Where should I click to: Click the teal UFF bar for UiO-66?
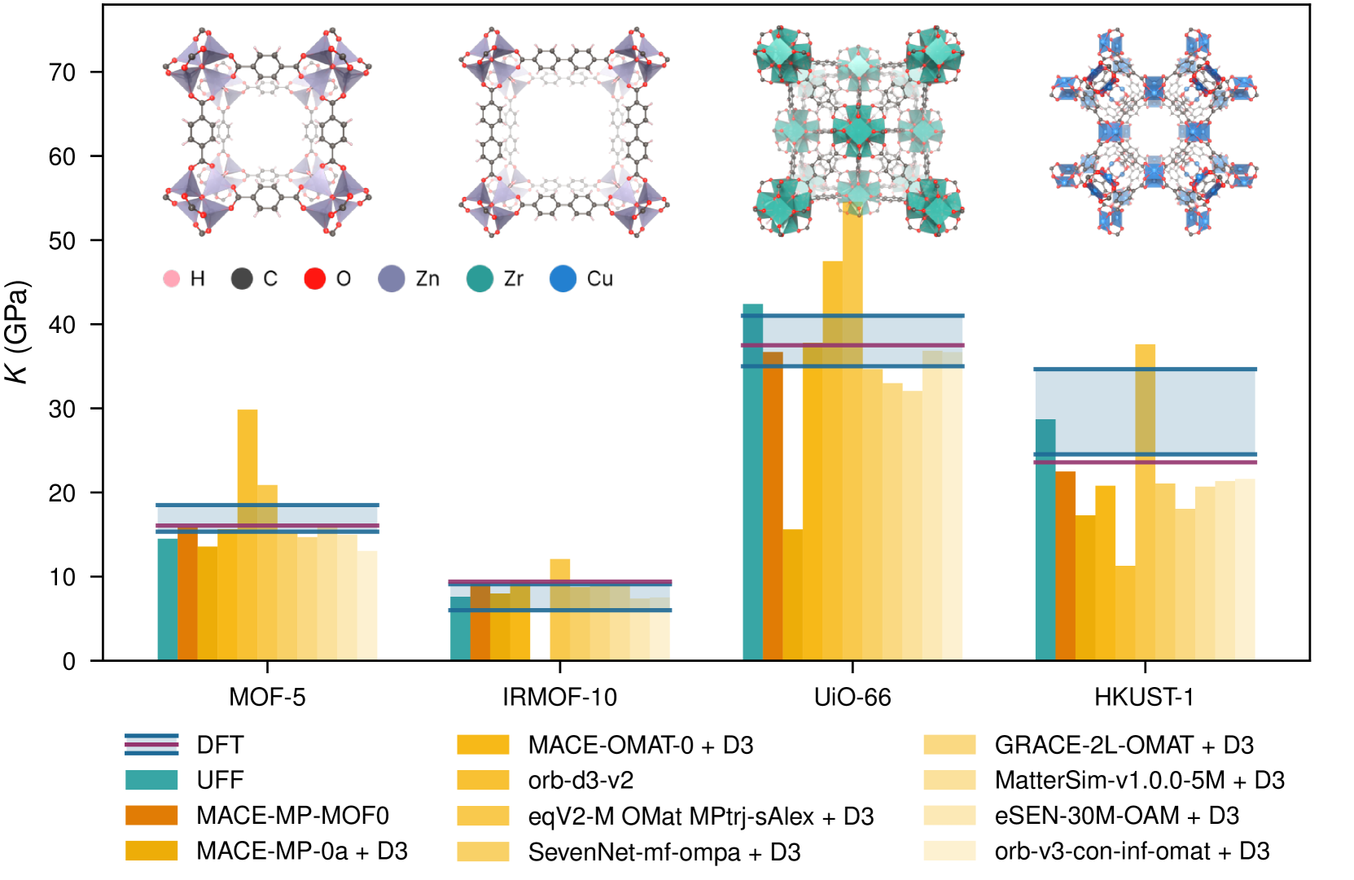point(753,488)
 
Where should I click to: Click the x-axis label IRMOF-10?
point(559,697)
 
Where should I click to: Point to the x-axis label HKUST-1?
point(1144,697)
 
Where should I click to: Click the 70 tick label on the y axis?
point(63,73)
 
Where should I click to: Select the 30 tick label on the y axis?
point(63,409)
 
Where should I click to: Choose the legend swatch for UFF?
point(151,780)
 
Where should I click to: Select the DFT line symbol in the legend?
point(151,744)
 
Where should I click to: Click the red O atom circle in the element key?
point(315,278)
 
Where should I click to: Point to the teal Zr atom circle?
point(480,278)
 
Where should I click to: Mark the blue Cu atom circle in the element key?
point(563,278)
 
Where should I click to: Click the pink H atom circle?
point(171,278)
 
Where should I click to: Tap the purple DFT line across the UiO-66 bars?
point(852,345)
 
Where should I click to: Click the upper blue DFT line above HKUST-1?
point(1145,370)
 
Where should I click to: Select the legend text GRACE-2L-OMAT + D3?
point(1124,745)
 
